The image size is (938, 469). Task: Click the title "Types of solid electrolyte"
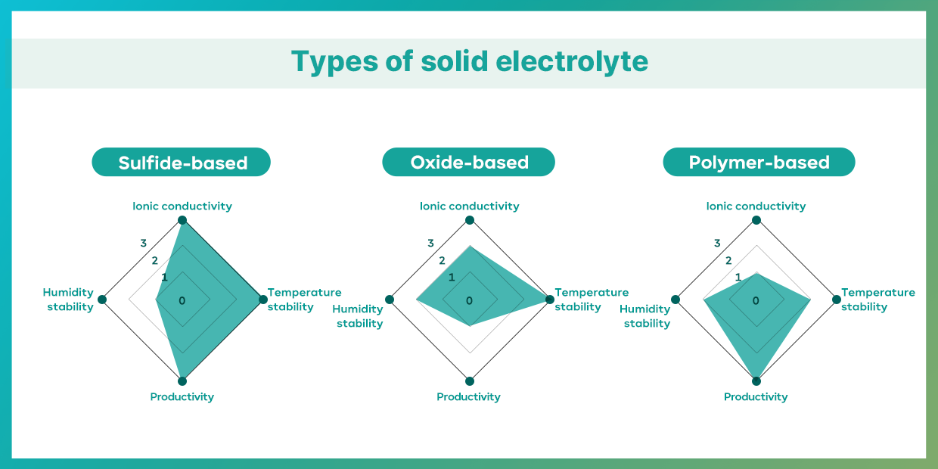pyautogui.click(x=469, y=62)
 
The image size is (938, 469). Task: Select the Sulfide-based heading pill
pyautogui.click(x=182, y=163)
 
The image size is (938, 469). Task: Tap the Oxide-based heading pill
pyautogui.click(x=469, y=163)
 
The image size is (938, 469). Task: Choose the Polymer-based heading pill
pyautogui.click(x=759, y=163)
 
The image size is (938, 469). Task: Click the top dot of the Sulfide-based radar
pyautogui.click(x=182, y=220)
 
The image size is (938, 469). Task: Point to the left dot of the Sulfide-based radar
pyautogui.click(x=102, y=300)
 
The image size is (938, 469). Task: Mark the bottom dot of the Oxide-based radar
pyautogui.click(x=470, y=380)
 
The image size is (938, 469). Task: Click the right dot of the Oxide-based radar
pyautogui.click(x=550, y=300)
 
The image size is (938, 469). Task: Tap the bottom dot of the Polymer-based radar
pyautogui.click(x=756, y=380)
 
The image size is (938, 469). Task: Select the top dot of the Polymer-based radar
pyautogui.click(x=756, y=220)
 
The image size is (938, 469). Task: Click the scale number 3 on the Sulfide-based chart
pyautogui.click(x=143, y=243)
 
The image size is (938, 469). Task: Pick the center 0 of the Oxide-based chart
pyautogui.click(x=469, y=300)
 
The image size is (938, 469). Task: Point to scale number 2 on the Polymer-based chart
pyautogui.click(x=728, y=260)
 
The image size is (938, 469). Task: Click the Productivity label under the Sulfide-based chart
pyautogui.click(x=182, y=396)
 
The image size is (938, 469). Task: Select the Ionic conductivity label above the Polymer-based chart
pyautogui.click(x=756, y=206)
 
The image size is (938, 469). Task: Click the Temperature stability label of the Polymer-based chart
pyautogui.click(x=877, y=300)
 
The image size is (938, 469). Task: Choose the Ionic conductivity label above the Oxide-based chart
pyautogui.click(x=470, y=206)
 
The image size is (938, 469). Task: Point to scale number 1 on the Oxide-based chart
pyautogui.click(x=452, y=277)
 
